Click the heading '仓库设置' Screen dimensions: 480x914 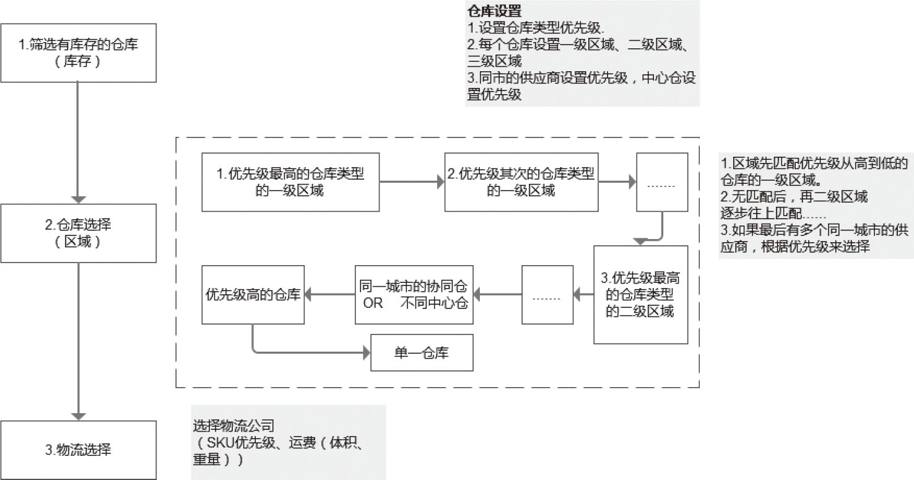click(x=494, y=11)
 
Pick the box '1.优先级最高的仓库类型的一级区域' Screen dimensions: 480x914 click(x=290, y=182)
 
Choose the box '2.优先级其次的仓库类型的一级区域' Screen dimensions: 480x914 click(x=521, y=182)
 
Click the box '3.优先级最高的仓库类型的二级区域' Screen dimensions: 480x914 click(x=640, y=295)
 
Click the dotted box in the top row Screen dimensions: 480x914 click(x=662, y=182)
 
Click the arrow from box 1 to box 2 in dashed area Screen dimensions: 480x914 click(x=411, y=182)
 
